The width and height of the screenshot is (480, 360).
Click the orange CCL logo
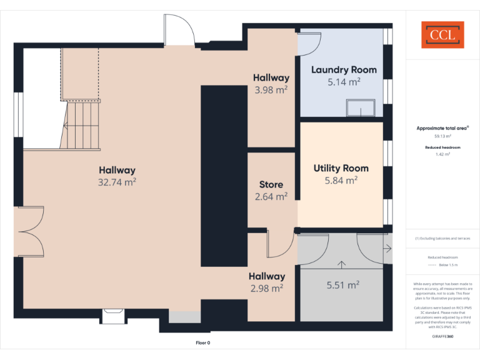coord(442,35)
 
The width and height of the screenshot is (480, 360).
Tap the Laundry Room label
coord(344,70)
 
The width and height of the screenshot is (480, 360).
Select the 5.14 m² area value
coord(344,82)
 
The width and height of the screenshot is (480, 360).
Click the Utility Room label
coord(341,168)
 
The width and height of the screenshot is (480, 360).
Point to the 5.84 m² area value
coord(341,180)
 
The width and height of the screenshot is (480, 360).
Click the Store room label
coord(271,184)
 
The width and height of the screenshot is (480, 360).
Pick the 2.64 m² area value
coord(271,196)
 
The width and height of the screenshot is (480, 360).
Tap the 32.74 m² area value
coord(117,182)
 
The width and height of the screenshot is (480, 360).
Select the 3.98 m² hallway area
coord(271,89)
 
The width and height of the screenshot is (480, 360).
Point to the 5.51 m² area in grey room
coord(342,286)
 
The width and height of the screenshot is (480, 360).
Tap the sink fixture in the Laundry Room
coord(361,109)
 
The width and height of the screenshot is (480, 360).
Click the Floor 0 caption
coord(203,342)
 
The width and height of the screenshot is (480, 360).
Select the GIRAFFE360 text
coord(442,336)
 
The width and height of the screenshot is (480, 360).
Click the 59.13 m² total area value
coord(442,136)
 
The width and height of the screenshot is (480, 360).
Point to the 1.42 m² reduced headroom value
coord(442,154)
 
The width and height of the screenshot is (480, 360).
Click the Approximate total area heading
coord(442,128)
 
